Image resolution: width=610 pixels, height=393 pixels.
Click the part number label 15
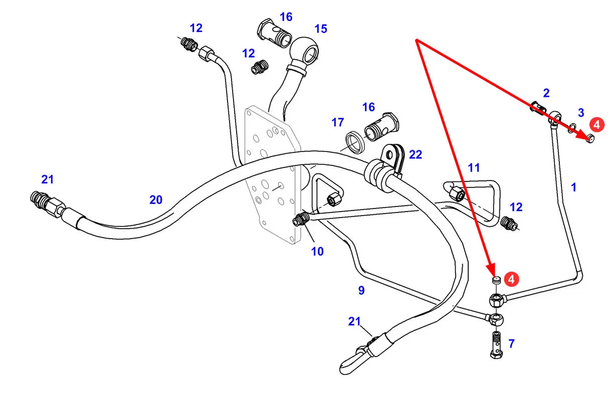tap(320, 29)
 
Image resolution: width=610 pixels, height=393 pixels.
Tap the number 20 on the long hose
tap(156, 200)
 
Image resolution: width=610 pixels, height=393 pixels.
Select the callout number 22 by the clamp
tap(416, 155)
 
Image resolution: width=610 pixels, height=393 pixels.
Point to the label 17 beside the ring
tap(337, 122)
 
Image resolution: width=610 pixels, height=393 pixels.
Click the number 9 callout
tap(361, 290)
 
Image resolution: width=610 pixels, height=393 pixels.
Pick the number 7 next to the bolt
tap(511, 344)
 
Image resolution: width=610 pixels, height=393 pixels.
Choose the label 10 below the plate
tap(317, 251)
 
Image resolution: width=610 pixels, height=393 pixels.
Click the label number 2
tap(546, 93)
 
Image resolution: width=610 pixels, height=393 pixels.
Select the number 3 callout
tap(581, 112)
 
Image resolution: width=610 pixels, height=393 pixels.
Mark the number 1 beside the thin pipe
tap(574, 187)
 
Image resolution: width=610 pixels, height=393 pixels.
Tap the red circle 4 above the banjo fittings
tap(511, 279)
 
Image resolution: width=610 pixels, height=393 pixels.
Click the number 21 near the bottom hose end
tap(354, 321)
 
